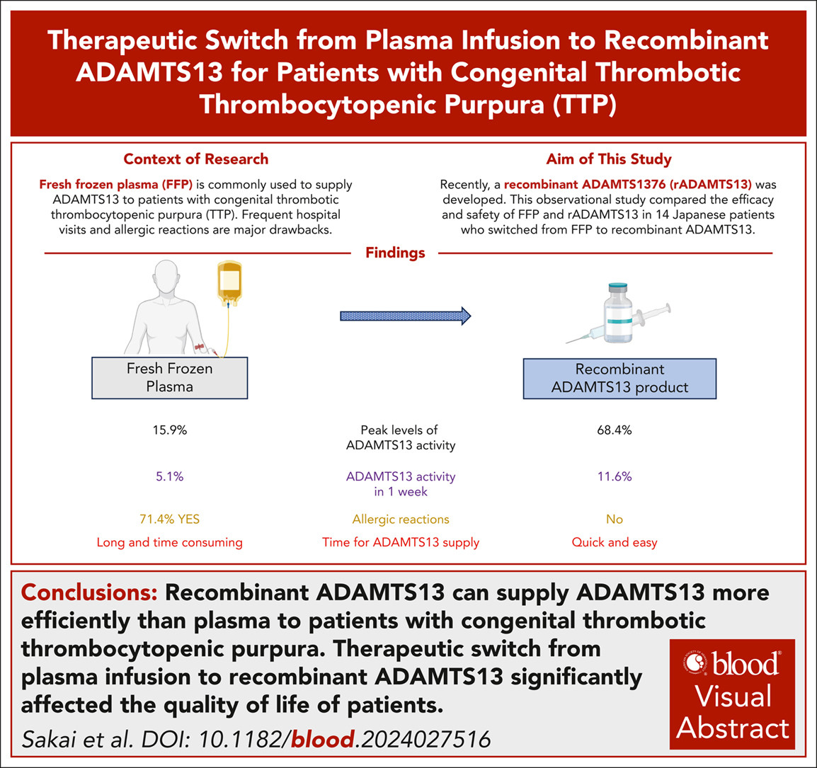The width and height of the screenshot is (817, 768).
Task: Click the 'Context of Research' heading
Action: (x=196, y=159)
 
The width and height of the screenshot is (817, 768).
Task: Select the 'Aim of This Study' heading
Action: (x=609, y=159)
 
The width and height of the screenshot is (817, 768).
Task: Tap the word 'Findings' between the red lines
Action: (x=395, y=253)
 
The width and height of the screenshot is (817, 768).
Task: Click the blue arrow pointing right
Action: (x=406, y=316)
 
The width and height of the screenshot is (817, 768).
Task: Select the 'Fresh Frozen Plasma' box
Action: (x=169, y=378)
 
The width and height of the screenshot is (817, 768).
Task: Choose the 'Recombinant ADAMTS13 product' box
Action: (x=619, y=378)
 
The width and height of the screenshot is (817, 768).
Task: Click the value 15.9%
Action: (x=170, y=430)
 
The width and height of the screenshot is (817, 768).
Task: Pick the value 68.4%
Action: (x=615, y=430)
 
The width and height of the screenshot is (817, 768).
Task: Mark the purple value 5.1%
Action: (x=170, y=476)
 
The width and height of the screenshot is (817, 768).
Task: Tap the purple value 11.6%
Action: (x=615, y=476)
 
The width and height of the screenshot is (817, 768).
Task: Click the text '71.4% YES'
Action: (x=169, y=519)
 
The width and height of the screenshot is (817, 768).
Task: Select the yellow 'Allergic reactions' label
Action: (x=401, y=519)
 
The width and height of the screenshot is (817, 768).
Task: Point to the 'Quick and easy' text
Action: (x=615, y=542)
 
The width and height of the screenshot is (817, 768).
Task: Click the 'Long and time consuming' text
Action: (x=169, y=542)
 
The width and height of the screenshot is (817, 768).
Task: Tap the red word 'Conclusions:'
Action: (x=89, y=592)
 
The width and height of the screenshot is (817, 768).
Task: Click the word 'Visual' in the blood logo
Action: (x=733, y=696)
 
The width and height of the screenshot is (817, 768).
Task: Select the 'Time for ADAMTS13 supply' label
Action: (x=401, y=542)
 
